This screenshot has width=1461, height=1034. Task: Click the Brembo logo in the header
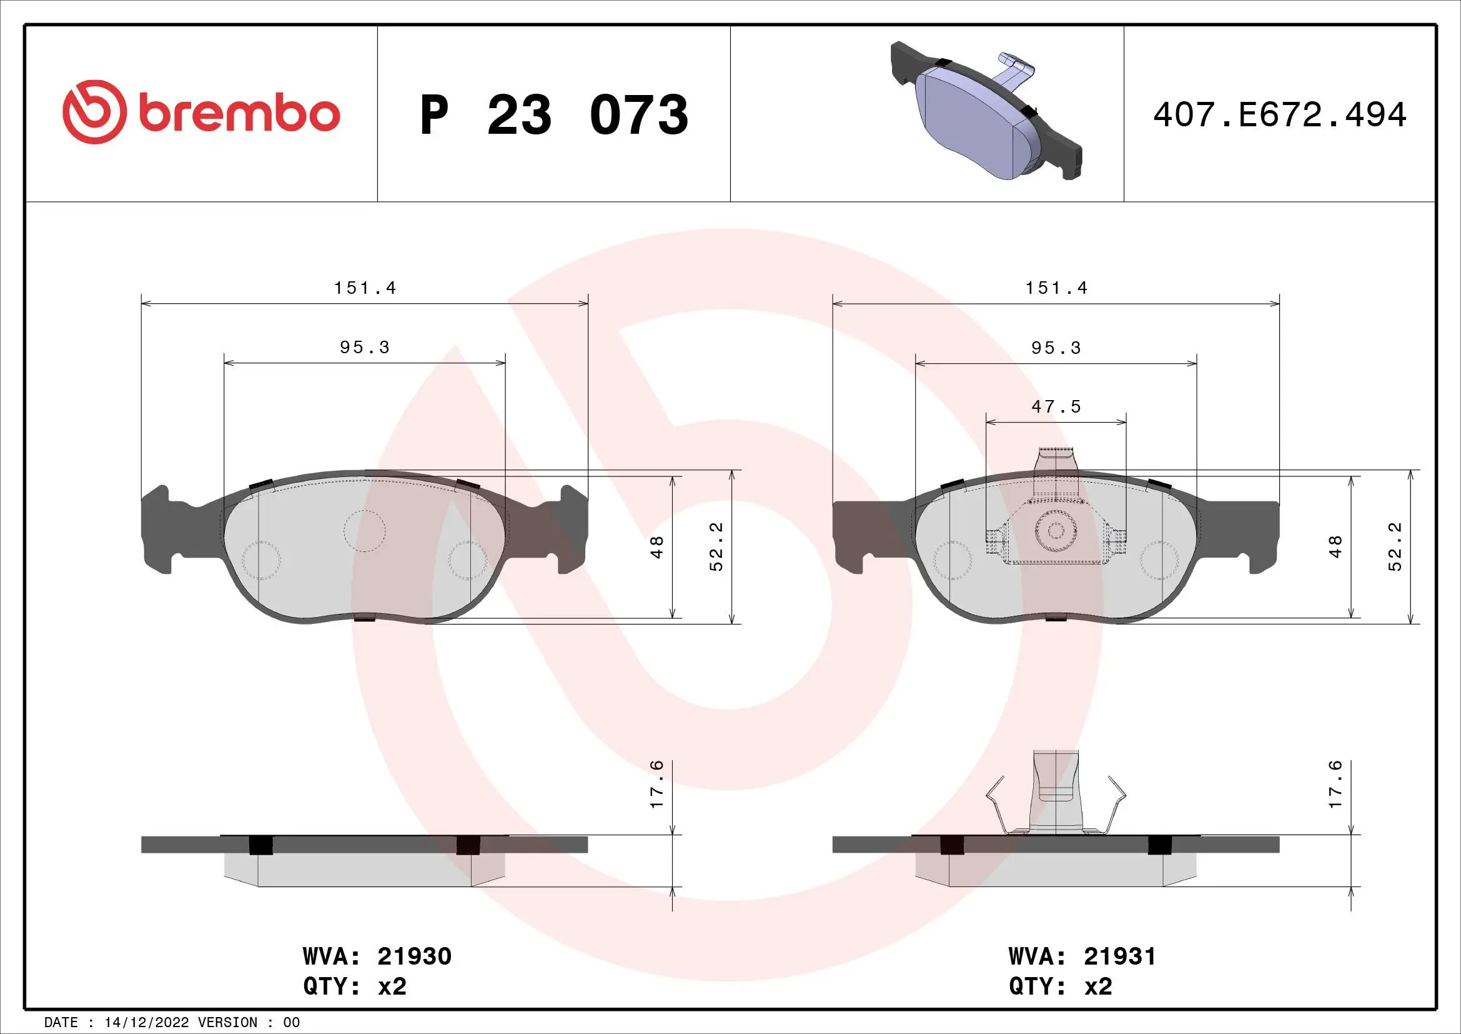click(201, 113)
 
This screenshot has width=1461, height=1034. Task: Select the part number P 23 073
click(553, 115)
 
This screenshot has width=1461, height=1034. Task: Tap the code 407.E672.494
click(1280, 115)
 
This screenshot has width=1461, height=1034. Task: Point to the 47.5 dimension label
click(1056, 407)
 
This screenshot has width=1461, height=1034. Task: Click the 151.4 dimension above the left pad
click(365, 288)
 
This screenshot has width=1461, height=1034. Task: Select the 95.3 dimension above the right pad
click(1056, 348)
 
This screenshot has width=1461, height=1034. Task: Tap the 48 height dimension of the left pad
click(656, 548)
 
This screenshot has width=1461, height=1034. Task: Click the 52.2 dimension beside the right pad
click(1395, 547)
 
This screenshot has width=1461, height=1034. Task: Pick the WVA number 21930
click(414, 956)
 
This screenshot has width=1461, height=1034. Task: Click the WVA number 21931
click(1119, 956)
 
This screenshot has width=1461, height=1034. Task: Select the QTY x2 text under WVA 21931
click(1060, 986)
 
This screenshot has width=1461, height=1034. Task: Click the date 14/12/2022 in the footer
click(146, 1023)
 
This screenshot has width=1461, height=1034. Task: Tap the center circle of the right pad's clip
click(1055, 531)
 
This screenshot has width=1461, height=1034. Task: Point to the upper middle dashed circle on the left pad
click(365, 530)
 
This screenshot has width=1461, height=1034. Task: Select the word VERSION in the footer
click(228, 1023)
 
